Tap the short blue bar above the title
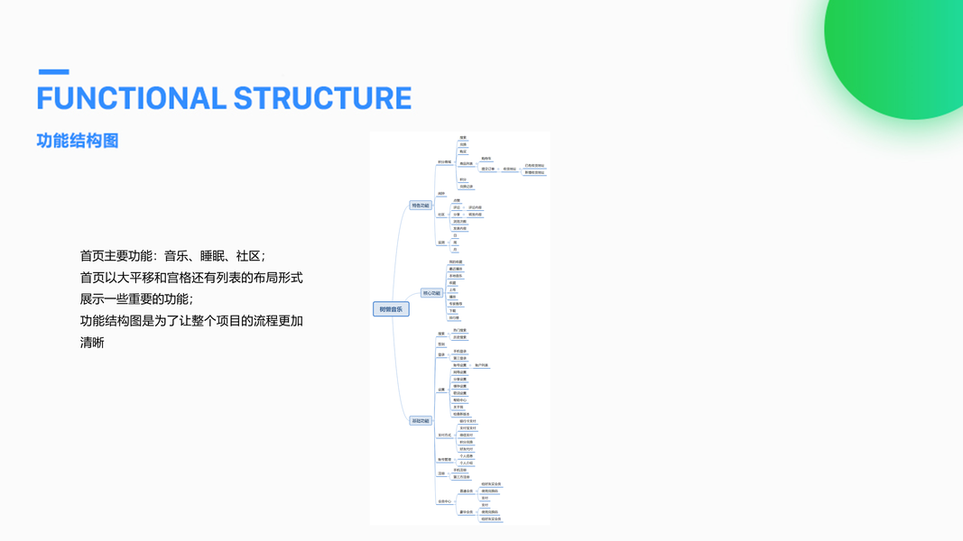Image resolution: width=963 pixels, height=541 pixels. click(x=53, y=71)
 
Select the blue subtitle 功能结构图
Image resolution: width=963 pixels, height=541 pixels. click(x=78, y=141)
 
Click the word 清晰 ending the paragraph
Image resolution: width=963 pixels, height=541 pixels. click(x=92, y=343)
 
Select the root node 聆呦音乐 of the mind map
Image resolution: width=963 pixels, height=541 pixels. click(x=391, y=309)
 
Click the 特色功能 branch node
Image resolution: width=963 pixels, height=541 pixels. click(x=421, y=206)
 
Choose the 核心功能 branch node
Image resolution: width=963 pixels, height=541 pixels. click(x=431, y=293)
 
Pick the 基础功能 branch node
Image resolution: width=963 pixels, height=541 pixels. click(x=421, y=421)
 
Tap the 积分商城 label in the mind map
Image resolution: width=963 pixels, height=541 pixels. click(x=444, y=162)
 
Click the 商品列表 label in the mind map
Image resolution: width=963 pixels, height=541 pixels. click(x=466, y=164)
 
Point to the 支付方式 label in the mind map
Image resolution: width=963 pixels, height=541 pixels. click(x=444, y=436)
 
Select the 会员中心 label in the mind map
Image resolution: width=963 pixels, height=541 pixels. click(x=444, y=501)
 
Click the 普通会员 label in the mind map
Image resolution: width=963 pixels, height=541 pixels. click(x=466, y=491)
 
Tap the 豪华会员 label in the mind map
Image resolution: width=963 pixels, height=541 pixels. click(x=466, y=512)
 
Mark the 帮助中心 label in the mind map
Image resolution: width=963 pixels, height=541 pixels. click(x=459, y=400)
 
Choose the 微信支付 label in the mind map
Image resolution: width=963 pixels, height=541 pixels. click(x=466, y=436)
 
